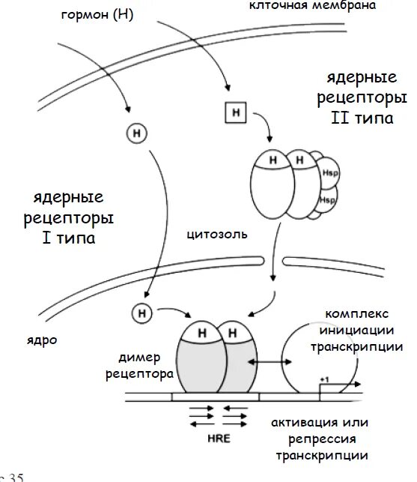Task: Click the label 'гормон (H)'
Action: [97, 16]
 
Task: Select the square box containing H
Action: [236, 113]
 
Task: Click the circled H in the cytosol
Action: [137, 133]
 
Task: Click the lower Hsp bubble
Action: [326, 200]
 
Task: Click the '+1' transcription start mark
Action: [324, 380]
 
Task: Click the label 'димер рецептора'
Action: [146, 365]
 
